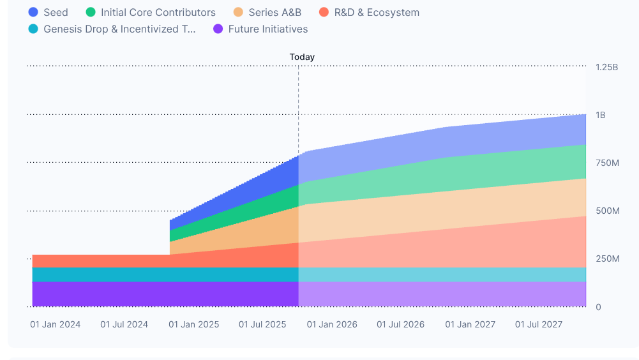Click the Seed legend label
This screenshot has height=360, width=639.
pyautogui.click(x=56, y=13)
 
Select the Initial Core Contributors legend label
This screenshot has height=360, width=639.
pyautogui.click(x=158, y=13)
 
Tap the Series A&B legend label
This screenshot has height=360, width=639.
pyautogui.click(x=274, y=13)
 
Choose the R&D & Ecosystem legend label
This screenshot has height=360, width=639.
pyautogui.click(x=377, y=13)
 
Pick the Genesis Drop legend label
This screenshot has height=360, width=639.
pyautogui.click(x=119, y=29)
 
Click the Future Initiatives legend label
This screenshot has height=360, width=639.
pyautogui.click(x=267, y=29)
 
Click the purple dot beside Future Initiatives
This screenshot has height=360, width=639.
pyautogui.click(x=218, y=29)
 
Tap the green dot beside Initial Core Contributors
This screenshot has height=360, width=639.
pyautogui.click(x=91, y=13)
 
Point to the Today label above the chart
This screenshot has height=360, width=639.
pyautogui.click(x=302, y=57)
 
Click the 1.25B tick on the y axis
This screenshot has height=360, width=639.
pyautogui.click(x=606, y=67)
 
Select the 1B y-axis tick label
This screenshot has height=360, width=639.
pyautogui.click(x=601, y=115)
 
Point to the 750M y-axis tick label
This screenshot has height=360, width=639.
pyautogui.click(x=607, y=163)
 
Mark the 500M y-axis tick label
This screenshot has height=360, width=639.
pyautogui.click(x=607, y=211)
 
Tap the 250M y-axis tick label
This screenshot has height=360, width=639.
pyautogui.click(x=607, y=259)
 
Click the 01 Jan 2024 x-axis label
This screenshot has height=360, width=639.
pyautogui.click(x=56, y=324)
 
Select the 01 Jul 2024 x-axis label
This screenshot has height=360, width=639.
pyautogui.click(x=124, y=324)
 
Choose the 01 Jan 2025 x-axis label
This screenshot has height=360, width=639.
pyautogui.click(x=193, y=324)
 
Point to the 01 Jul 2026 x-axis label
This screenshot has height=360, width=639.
pyautogui.click(x=400, y=324)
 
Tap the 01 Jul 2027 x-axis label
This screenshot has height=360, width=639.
pyautogui.click(x=539, y=324)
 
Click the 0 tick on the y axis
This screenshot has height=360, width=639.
pyautogui.click(x=598, y=307)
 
